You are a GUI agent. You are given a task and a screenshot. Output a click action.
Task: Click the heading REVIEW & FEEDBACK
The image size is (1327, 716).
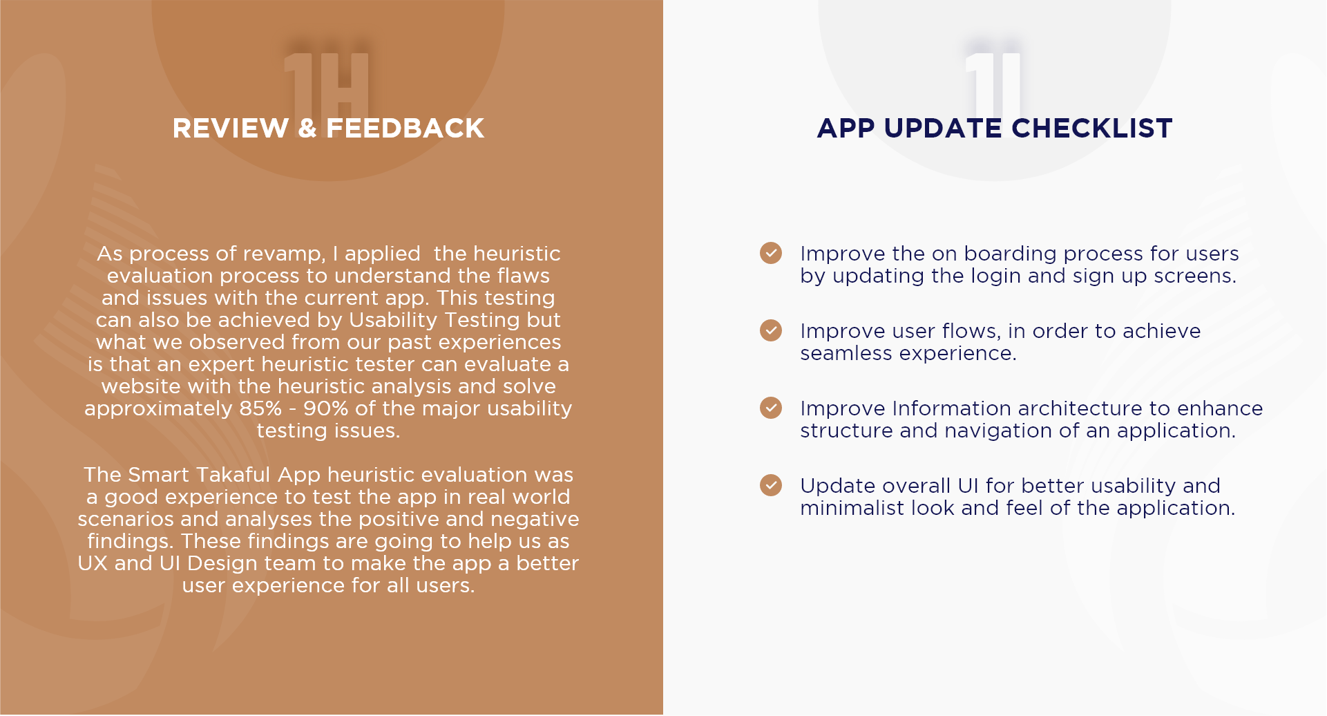328,129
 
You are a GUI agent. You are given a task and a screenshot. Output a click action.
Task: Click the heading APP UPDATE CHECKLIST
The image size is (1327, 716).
995,129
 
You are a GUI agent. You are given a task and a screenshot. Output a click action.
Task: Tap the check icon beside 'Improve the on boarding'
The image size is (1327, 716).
771,253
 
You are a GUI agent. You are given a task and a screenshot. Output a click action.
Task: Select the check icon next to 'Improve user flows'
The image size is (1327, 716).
771,330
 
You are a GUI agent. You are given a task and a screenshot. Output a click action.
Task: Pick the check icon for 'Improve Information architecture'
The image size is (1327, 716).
771,408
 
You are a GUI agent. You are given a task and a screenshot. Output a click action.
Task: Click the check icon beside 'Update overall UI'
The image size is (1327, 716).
771,485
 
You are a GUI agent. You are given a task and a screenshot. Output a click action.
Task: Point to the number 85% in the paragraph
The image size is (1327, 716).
260,408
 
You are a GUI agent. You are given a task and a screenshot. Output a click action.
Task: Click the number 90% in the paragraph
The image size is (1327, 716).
325,408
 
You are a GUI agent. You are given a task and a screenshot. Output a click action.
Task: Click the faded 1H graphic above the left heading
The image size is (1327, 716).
327,84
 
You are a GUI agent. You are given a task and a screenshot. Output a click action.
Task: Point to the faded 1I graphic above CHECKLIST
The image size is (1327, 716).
993,84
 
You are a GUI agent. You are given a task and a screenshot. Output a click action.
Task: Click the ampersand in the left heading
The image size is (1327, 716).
307,129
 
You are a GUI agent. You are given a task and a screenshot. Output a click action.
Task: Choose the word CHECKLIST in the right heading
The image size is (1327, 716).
1092,129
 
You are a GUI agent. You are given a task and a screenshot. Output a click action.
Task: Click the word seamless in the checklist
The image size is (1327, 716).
846,353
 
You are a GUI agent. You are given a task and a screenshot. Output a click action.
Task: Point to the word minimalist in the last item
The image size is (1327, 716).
852,508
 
